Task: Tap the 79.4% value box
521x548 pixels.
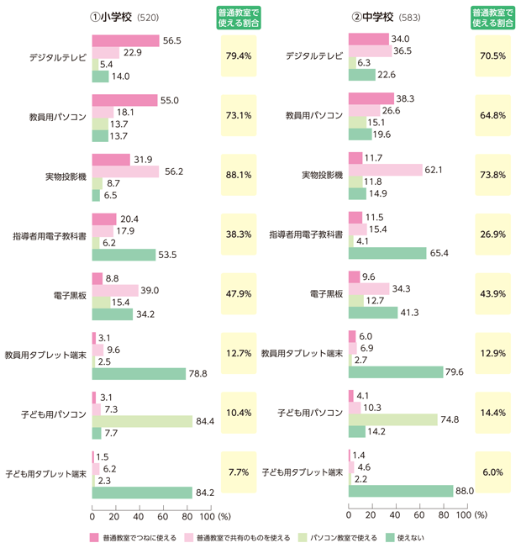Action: (x=239, y=56)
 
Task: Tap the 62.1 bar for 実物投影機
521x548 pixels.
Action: (x=385, y=170)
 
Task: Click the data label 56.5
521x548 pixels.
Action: (x=172, y=40)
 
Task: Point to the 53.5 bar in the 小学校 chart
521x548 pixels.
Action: (x=124, y=255)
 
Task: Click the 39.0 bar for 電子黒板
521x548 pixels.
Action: (x=115, y=290)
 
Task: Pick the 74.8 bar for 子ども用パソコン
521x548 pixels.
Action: (x=392, y=419)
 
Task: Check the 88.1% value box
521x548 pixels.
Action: (x=239, y=176)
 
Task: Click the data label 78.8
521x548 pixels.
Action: (x=198, y=373)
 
